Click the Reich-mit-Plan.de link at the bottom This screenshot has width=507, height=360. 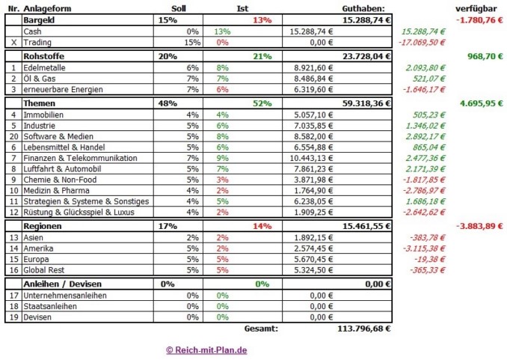point(207,350)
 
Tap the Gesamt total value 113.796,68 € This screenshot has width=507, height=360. point(363,327)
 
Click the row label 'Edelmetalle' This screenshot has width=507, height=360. point(45,68)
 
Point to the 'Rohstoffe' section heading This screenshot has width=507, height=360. point(45,55)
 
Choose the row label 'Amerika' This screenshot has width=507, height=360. point(39,246)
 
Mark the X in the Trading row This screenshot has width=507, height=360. point(13,43)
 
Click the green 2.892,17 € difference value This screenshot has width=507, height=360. point(423,137)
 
